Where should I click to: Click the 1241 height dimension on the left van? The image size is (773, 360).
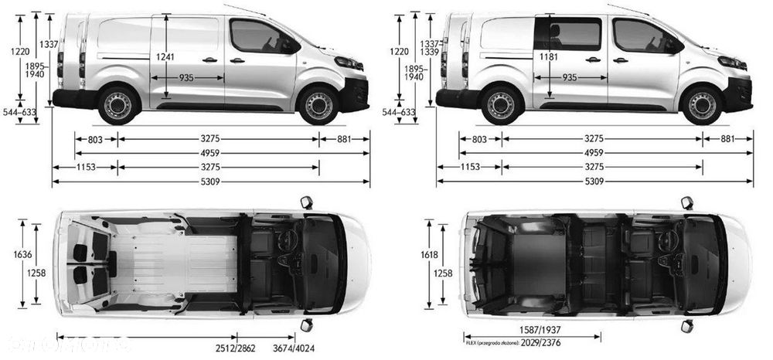click(x=164, y=56)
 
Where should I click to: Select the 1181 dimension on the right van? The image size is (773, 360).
click(x=549, y=56)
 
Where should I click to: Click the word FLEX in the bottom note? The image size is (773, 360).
click(x=470, y=341)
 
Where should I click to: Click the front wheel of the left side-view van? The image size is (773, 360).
click(x=318, y=106)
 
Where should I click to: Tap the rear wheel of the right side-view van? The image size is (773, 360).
click(x=501, y=106)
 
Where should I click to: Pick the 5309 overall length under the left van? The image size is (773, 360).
click(x=210, y=182)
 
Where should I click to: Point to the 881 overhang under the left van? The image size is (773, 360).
click(x=344, y=139)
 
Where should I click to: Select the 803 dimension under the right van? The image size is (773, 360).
click(x=479, y=139)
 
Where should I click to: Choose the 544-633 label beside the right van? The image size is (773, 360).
click(x=399, y=113)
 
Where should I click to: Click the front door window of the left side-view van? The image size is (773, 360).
click(x=255, y=36)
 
